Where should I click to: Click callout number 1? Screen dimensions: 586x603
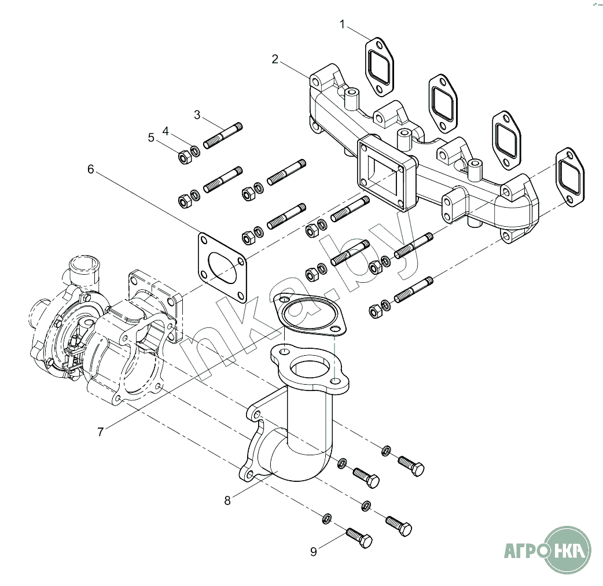(343, 24)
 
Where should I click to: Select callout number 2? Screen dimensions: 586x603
(275, 59)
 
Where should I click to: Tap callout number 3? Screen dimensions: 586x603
(197, 115)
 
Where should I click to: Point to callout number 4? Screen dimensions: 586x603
(166, 131)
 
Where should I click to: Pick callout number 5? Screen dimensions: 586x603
(151, 138)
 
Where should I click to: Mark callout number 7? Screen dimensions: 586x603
(101, 432)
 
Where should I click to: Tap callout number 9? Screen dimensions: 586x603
(314, 552)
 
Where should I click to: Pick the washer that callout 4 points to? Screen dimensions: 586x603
(195, 152)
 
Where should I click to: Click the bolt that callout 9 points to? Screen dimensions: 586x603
(359, 537)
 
